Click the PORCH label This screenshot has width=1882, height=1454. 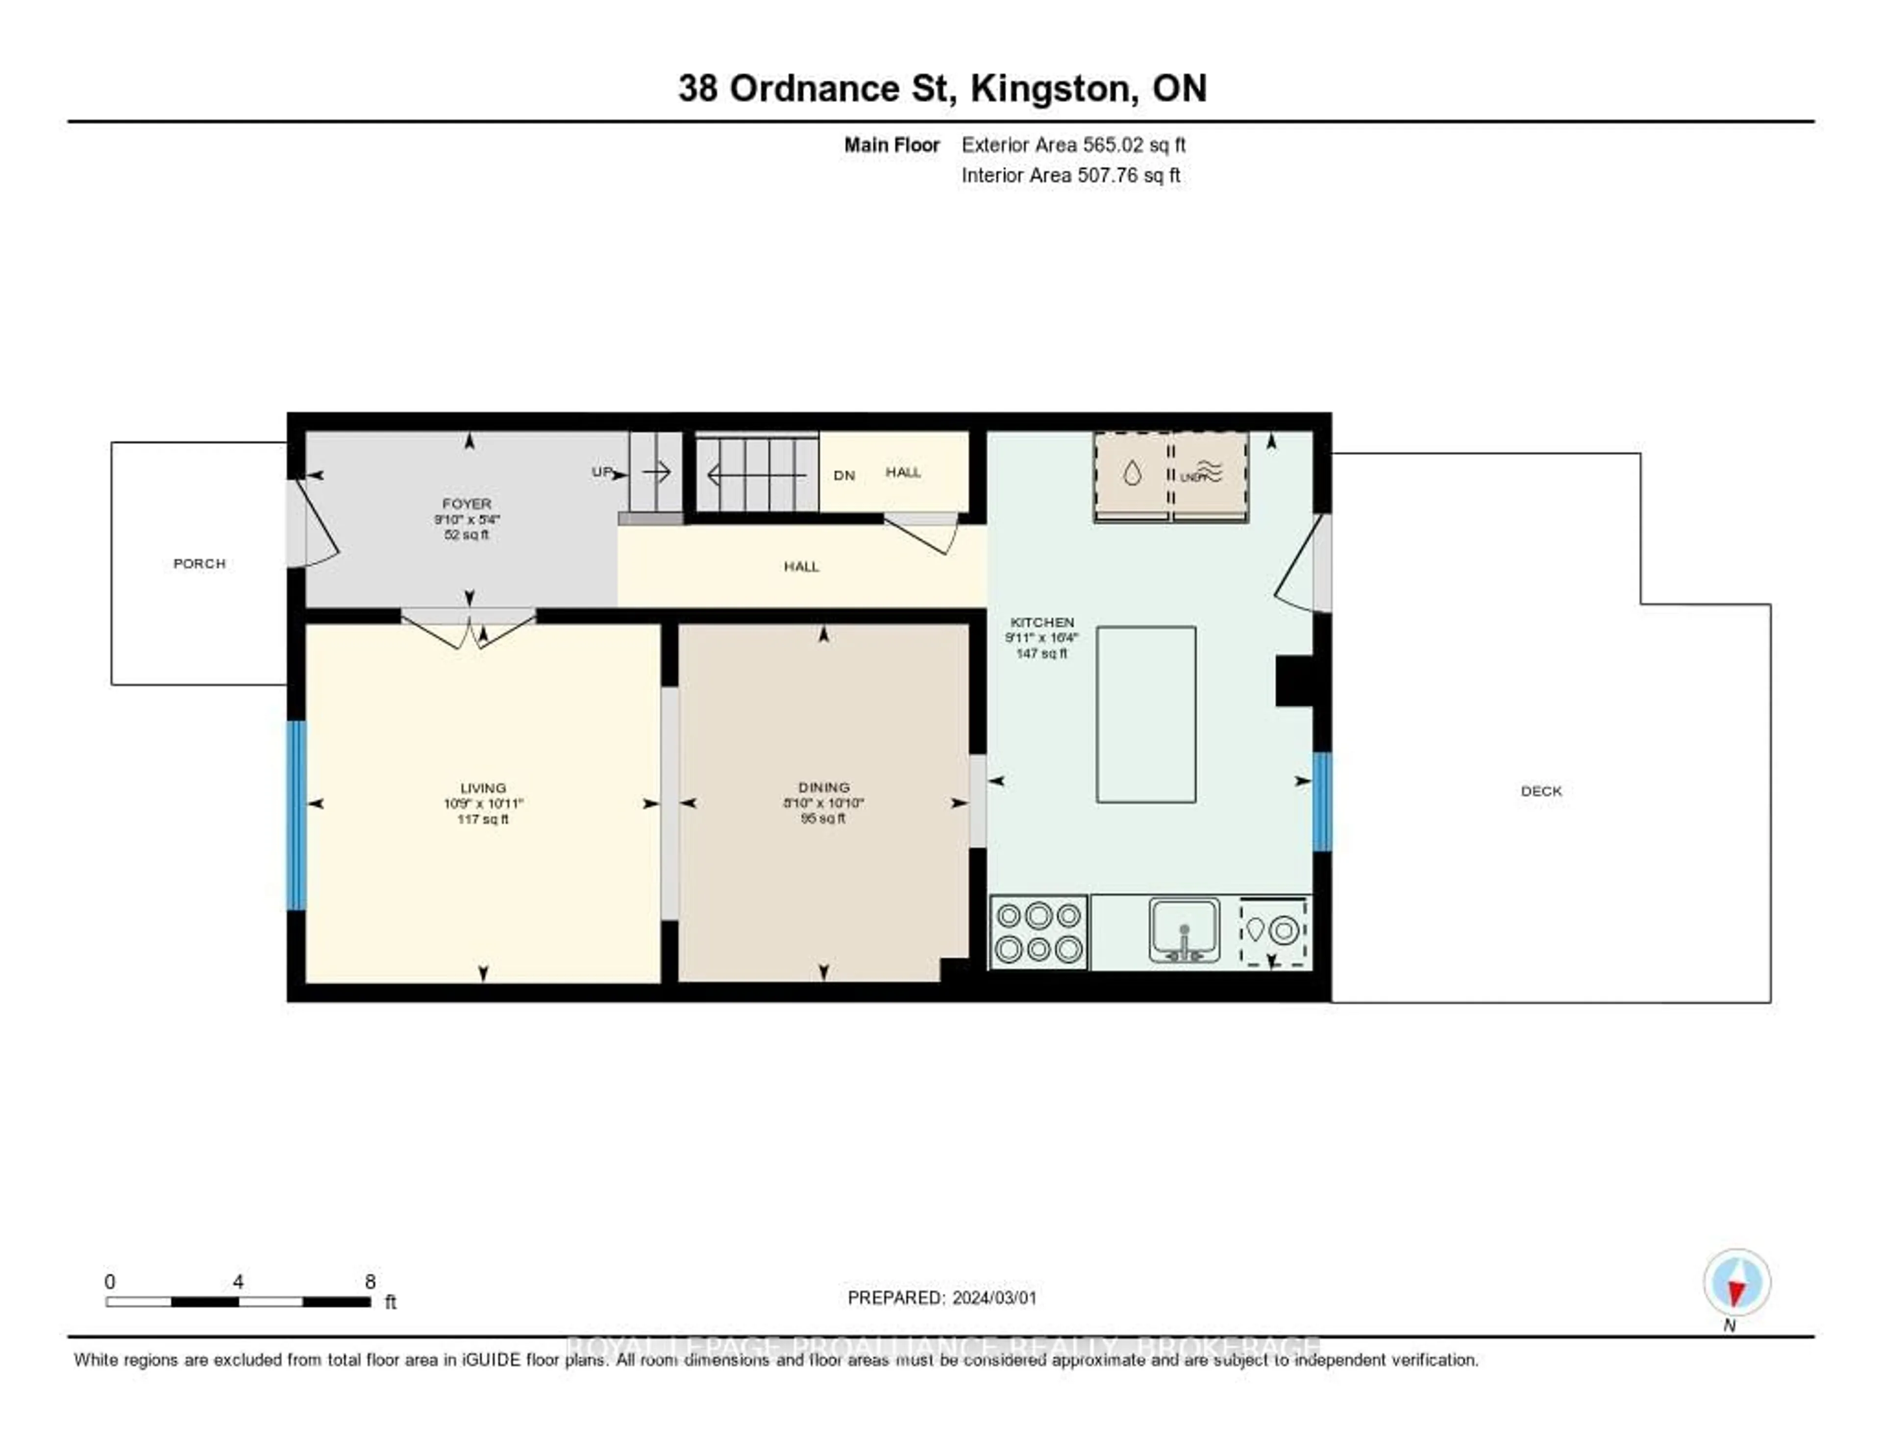pyautogui.click(x=199, y=564)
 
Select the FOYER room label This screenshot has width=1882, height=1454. pyautogui.click(x=466, y=503)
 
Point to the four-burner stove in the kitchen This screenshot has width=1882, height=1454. pyautogui.click(x=1039, y=932)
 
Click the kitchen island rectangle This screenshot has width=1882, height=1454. pyautogui.click(x=1145, y=715)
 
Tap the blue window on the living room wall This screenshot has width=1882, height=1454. pyautogui.click(x=296, y=814)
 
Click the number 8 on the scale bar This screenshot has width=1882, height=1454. pyautogui.click(x=370, y=1281)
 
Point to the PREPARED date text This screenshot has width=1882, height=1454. pyautogui.click(x=942, y=1298)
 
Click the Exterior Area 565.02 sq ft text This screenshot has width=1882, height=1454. pyautogui.click(x=1073, y=145)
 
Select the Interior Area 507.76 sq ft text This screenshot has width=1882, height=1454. pyautogui.click(x=1070, y=175)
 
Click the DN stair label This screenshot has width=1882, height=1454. pyautogui.click(x=843, y=475)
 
